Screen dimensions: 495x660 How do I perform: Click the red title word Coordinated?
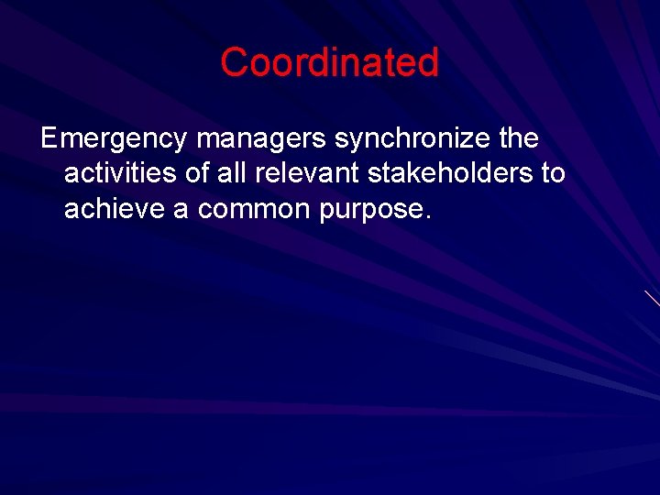(x=329, y=62)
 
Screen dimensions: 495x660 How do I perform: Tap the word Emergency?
(x=115, y=140)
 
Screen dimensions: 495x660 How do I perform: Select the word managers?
(x=261, y=140)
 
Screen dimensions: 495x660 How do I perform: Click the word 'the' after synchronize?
(x=518, y=139)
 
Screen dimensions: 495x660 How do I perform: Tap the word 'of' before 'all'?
(x=200, y=174)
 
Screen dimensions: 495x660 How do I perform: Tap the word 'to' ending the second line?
(x=553, y=174)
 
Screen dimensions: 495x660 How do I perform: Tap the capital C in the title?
(x=234, y=62)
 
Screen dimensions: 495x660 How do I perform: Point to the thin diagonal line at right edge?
(x=651, y=297)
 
